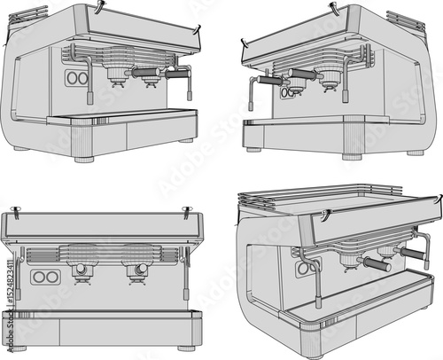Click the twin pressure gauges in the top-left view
click(77, 78)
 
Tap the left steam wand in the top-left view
click(89, 76)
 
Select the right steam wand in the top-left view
click(187, 84)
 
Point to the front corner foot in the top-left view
click(84, 160)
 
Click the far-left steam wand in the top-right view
click(252, 92)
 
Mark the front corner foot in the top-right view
click(352, 156)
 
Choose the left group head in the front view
click(83, 269)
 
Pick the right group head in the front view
click(137, 269)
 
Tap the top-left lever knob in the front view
click(15, 210)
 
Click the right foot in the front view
click(186, 348)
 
